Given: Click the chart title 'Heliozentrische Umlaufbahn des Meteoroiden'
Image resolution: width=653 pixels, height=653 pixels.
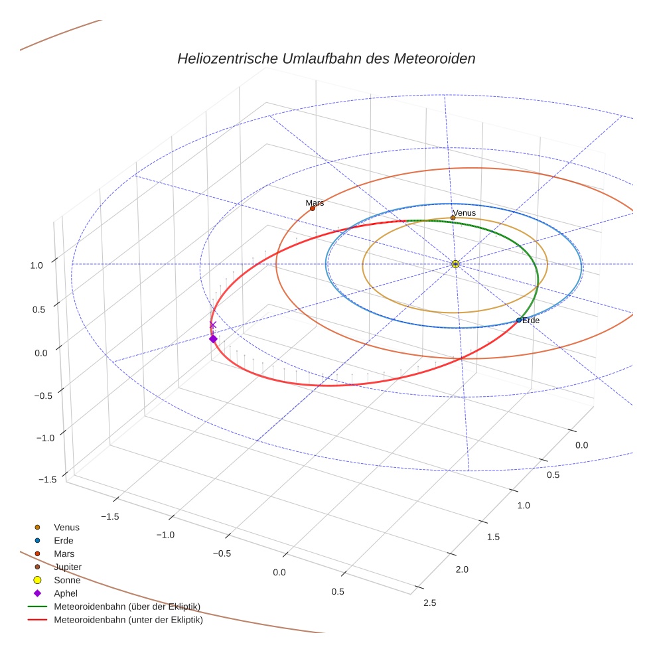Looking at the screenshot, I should (326, 58).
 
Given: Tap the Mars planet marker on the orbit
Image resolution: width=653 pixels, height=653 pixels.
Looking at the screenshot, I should (312, 208).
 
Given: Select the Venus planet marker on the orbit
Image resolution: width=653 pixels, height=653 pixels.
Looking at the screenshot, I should (453, 218).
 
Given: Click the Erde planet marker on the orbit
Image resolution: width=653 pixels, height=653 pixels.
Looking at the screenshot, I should (519, 321).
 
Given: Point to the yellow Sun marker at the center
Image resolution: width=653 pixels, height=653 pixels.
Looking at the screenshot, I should (455, 264).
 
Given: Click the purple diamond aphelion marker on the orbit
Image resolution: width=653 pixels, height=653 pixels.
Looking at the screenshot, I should (213, 338).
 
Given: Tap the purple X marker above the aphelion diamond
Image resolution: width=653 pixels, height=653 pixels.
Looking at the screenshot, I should (213, 325).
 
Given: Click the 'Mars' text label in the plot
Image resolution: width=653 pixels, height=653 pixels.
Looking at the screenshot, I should (315, 202).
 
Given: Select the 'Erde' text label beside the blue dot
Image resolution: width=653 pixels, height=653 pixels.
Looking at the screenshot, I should (531, 321).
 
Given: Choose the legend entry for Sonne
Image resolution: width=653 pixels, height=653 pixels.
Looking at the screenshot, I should (67, 580).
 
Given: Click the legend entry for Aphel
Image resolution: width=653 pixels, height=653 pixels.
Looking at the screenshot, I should (66, 593).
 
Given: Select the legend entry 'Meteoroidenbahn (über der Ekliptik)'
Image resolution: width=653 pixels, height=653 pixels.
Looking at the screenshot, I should (127, 607).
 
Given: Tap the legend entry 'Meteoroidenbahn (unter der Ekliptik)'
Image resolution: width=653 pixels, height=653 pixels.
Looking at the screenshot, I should (128, 620).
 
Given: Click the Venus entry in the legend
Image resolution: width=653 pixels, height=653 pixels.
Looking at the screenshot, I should (66, 527).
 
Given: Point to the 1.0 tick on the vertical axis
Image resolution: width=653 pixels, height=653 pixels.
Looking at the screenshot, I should (36, 265).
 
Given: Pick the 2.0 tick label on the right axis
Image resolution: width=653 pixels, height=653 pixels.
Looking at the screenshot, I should (461, 569).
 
